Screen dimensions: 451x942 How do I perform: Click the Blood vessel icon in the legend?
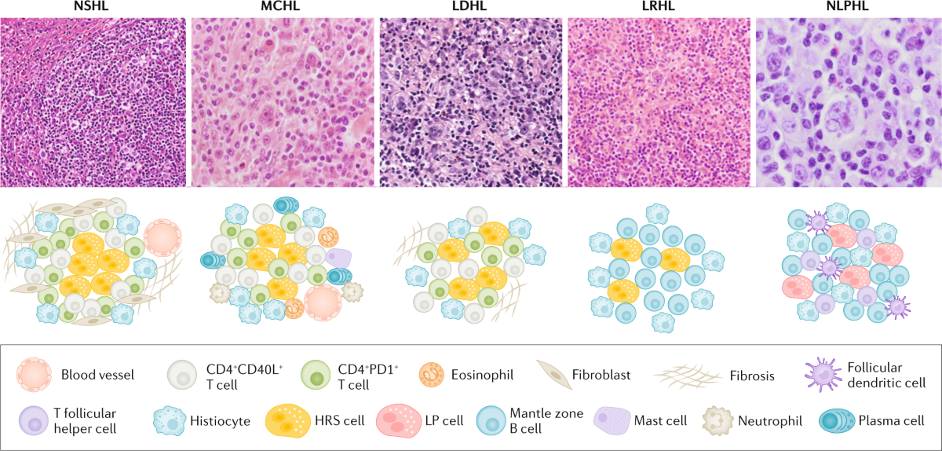[x=35, y=375]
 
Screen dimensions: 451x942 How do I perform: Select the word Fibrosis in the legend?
[x=752, y=376]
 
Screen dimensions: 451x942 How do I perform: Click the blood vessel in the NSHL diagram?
[x=163, y=236]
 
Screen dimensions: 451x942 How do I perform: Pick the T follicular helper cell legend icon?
[x=35, y=420]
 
